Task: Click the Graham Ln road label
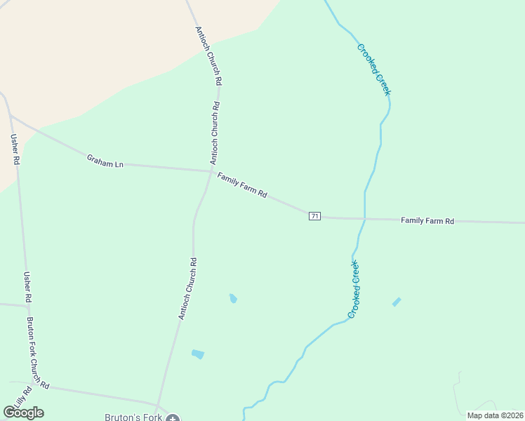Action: [105, 161]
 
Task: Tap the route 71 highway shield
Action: [314, 216]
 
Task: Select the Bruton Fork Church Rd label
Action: [38, 354]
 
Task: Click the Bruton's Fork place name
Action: [133, 417]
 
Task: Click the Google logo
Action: [24, 413]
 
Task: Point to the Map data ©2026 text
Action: [494, 415]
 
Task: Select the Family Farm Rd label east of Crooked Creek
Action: [427, 220]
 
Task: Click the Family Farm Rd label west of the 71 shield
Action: [241, 185]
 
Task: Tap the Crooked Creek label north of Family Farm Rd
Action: [374, 69]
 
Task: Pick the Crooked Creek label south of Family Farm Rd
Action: [354, 288]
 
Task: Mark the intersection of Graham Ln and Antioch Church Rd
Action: [211, 170]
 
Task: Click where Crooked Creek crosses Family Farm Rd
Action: [364, 219]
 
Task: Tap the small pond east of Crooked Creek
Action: [397, 302]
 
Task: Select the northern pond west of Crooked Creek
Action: [233, 299]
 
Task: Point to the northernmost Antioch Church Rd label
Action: [208, 55]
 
